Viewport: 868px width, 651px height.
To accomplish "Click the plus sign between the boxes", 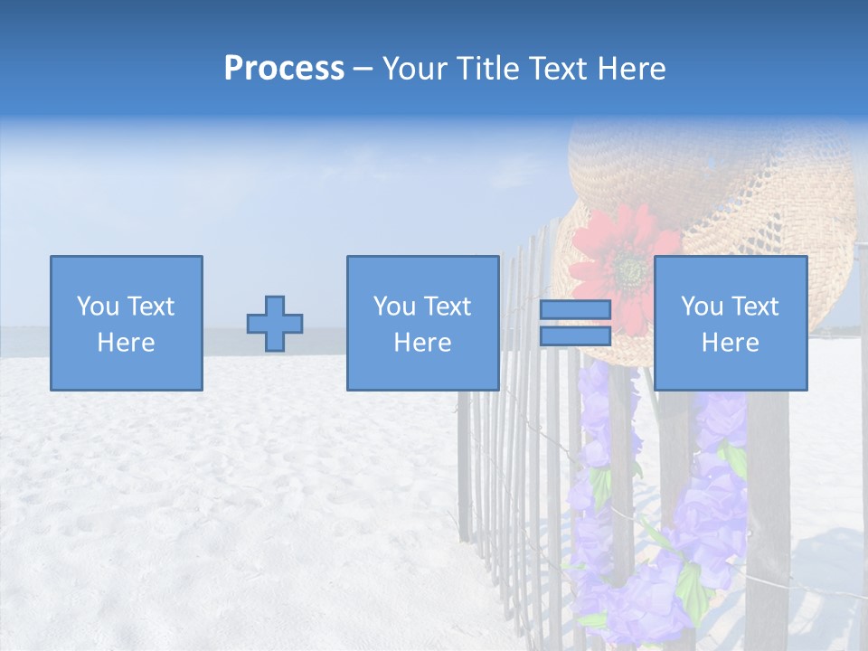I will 275,324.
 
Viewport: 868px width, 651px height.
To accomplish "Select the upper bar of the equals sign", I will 575,310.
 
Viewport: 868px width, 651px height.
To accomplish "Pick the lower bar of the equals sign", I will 575,336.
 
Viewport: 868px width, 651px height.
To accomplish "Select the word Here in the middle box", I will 423,343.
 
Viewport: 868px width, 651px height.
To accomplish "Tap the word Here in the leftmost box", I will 127,343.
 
